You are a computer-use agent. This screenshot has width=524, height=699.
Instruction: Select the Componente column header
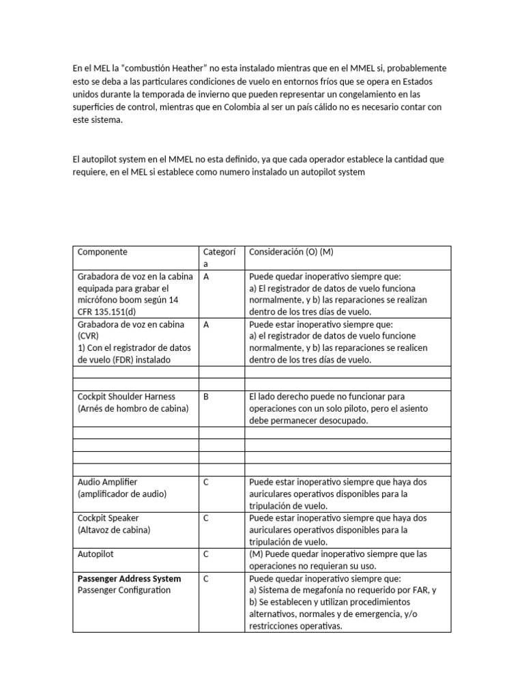[x=102, y=252]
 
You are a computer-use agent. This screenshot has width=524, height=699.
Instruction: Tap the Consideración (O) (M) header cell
[x=291, y=252]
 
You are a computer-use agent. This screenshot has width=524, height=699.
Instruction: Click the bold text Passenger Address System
[x=130, y=579]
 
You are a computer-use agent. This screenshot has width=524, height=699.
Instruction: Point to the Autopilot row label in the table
[x=96, y=554]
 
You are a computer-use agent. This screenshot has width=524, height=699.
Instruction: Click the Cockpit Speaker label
[x=108, y=518]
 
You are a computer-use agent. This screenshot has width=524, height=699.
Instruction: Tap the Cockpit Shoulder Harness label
[x=126, y=397]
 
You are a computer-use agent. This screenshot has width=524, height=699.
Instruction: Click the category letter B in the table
[x=206, y=397]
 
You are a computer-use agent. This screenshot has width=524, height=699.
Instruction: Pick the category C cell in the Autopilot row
[x=206, y=554]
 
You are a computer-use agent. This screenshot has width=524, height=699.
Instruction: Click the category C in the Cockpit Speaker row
[x=206, y=518]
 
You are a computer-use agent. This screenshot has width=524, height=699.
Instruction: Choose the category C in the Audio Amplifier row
[x=206, y=482]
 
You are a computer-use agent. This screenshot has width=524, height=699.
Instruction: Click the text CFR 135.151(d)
[x=108, y=313]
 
